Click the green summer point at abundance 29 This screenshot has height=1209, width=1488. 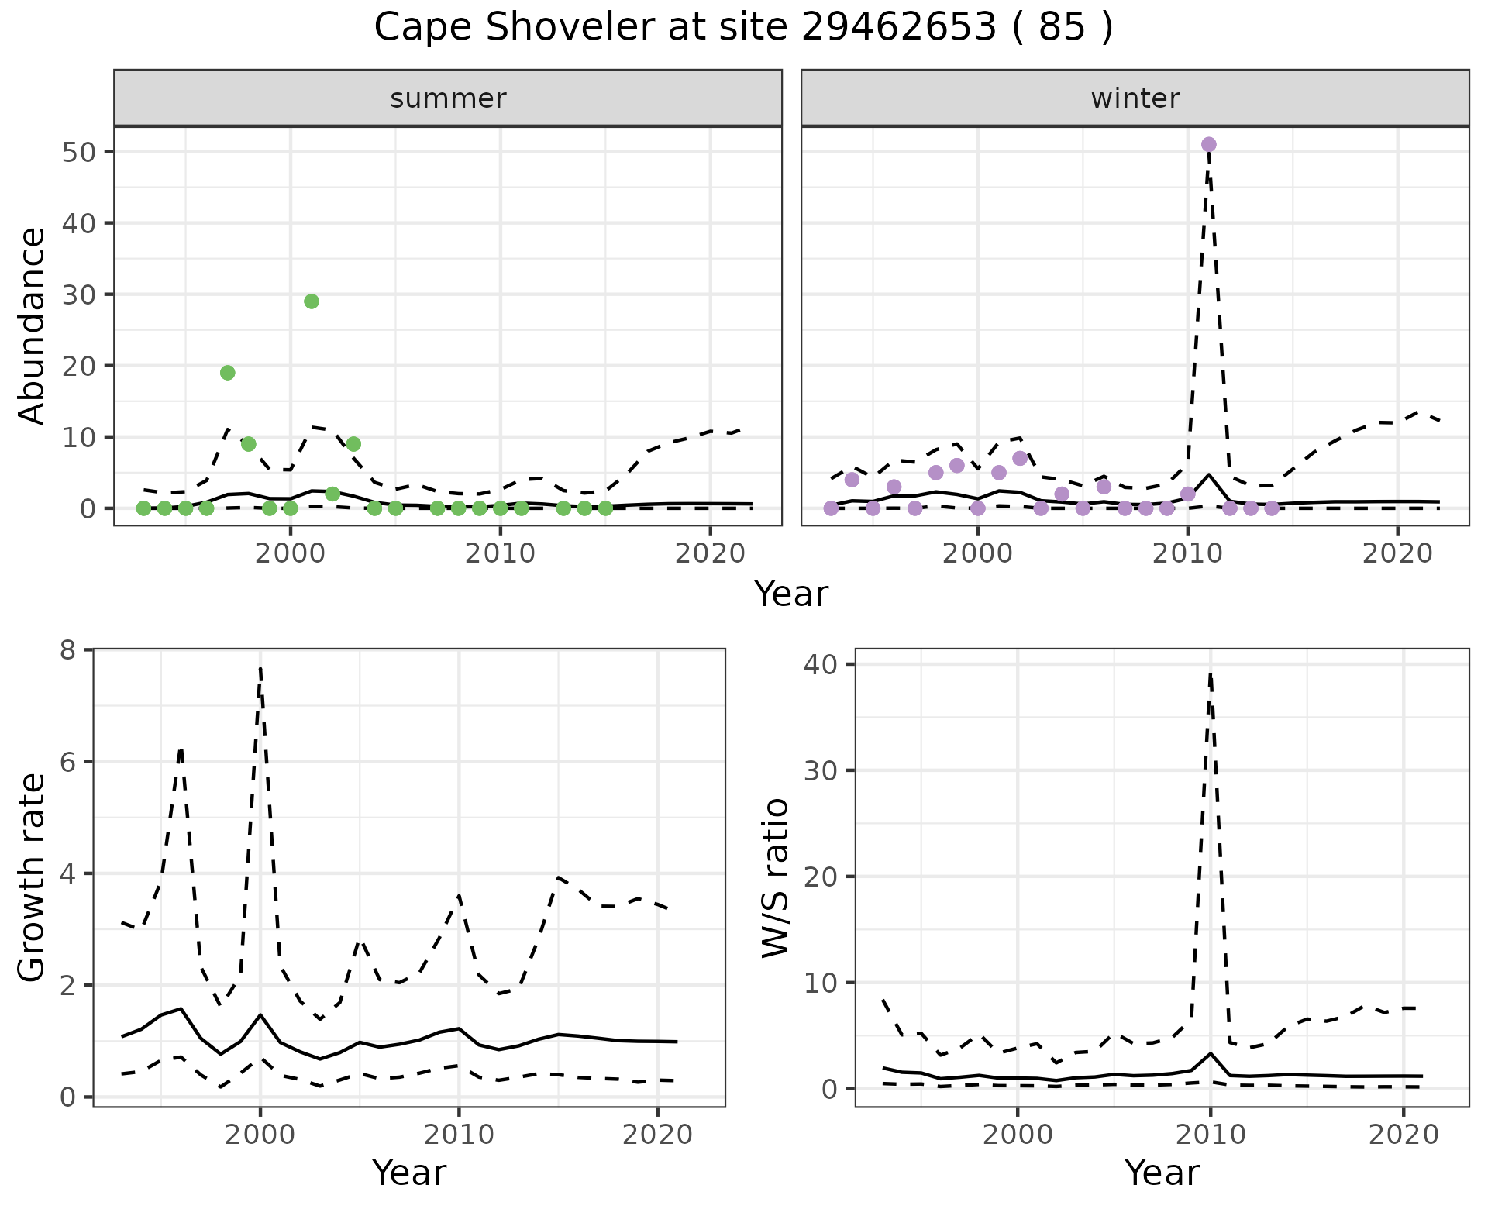coord(312,301)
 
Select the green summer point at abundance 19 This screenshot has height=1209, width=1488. coord(227,373)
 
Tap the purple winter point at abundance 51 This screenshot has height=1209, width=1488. coord(1208,145)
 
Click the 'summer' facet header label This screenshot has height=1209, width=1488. coord(448,98)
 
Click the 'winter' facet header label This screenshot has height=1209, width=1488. coord(1135,98)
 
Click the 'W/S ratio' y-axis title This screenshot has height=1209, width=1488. coord(775,878)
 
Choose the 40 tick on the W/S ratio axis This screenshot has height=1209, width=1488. coord(825,665)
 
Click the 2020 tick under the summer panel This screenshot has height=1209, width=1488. coord(710,554)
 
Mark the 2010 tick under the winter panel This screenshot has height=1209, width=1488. coord(1187,554)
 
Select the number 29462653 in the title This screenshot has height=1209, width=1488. coord(898,28)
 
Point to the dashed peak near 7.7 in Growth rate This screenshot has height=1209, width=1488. coord(260,668)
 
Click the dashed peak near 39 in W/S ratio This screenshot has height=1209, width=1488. coord(1210,675)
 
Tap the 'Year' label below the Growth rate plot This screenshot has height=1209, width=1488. coord(409,1173)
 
